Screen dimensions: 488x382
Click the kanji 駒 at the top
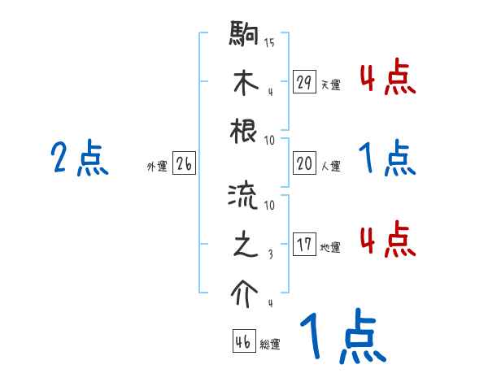[245, 35]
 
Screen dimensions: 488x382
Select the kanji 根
[245, 129]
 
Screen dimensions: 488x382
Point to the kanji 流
[245, 196]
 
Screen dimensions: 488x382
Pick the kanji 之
[245, 243]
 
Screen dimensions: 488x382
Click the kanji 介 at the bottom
[245, 290]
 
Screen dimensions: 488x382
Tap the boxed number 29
[304, 82]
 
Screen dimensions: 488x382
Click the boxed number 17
[304, 245]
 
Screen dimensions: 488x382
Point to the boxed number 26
[184, 164]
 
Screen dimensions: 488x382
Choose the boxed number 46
[242, 341]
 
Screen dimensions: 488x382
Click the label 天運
[330, 85]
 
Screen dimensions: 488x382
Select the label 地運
[330, 247]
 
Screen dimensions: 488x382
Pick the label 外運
[157, 167]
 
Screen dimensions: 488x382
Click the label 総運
[270, 344]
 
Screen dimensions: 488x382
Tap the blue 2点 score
[81, 158]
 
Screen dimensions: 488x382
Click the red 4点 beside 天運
[387, 80]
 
